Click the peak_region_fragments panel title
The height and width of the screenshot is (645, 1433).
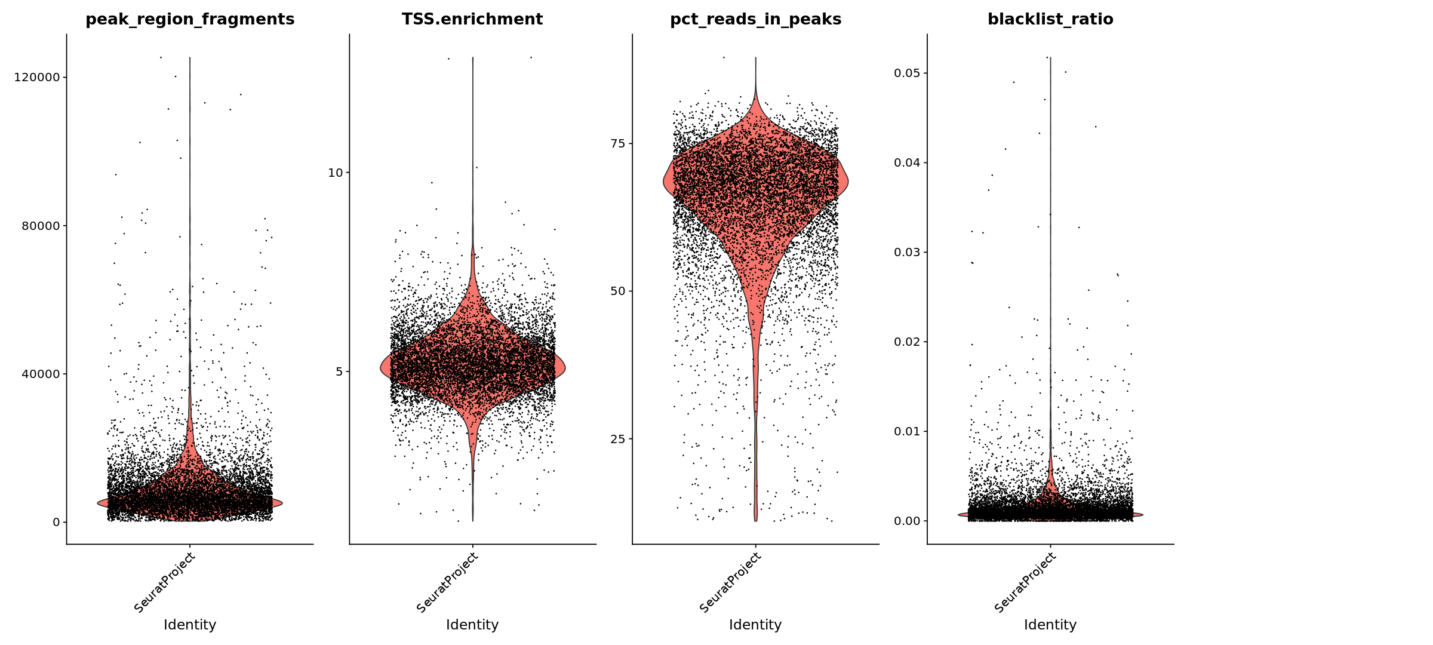click(x=190, y=19)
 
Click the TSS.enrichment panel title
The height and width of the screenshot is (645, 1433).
click(x=472, y=19)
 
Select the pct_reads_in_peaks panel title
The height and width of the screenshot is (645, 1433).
click(x=755, y=19)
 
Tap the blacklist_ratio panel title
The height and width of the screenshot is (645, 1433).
click(x=1050, y=19)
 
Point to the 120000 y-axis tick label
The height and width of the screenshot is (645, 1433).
click(x=37, y=78)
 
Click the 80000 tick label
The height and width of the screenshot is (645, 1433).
click(x=41, y=226)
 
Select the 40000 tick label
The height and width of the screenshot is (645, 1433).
click(x=41, y=374)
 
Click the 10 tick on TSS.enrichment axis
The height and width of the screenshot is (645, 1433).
click(x=336, y=173)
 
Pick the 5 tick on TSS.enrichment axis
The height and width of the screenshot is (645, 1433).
click(x=339, y=372)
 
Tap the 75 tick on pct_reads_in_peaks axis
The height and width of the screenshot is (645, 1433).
click(x=618, y=143)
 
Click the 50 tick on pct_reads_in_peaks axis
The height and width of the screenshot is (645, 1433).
click(x=618, y=291)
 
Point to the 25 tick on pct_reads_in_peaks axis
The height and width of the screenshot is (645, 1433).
click(x=618, y=439)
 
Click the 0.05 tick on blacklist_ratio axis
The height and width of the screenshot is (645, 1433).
click(x=907, y=73)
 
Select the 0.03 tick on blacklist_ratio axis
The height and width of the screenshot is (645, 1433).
click(x=907, y=252)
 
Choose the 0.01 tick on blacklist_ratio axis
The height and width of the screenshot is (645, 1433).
click(x=907, y=431)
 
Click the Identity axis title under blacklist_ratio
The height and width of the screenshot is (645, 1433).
click(x=1050, y=625)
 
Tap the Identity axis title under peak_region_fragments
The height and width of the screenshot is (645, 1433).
click(x=190, y=625)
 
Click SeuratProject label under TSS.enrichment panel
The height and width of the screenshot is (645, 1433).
click(x=448, y=582)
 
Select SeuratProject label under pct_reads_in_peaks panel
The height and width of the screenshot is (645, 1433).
click(x=731, y=582)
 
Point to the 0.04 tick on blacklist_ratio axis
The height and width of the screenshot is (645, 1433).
click(x=907, y=162)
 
